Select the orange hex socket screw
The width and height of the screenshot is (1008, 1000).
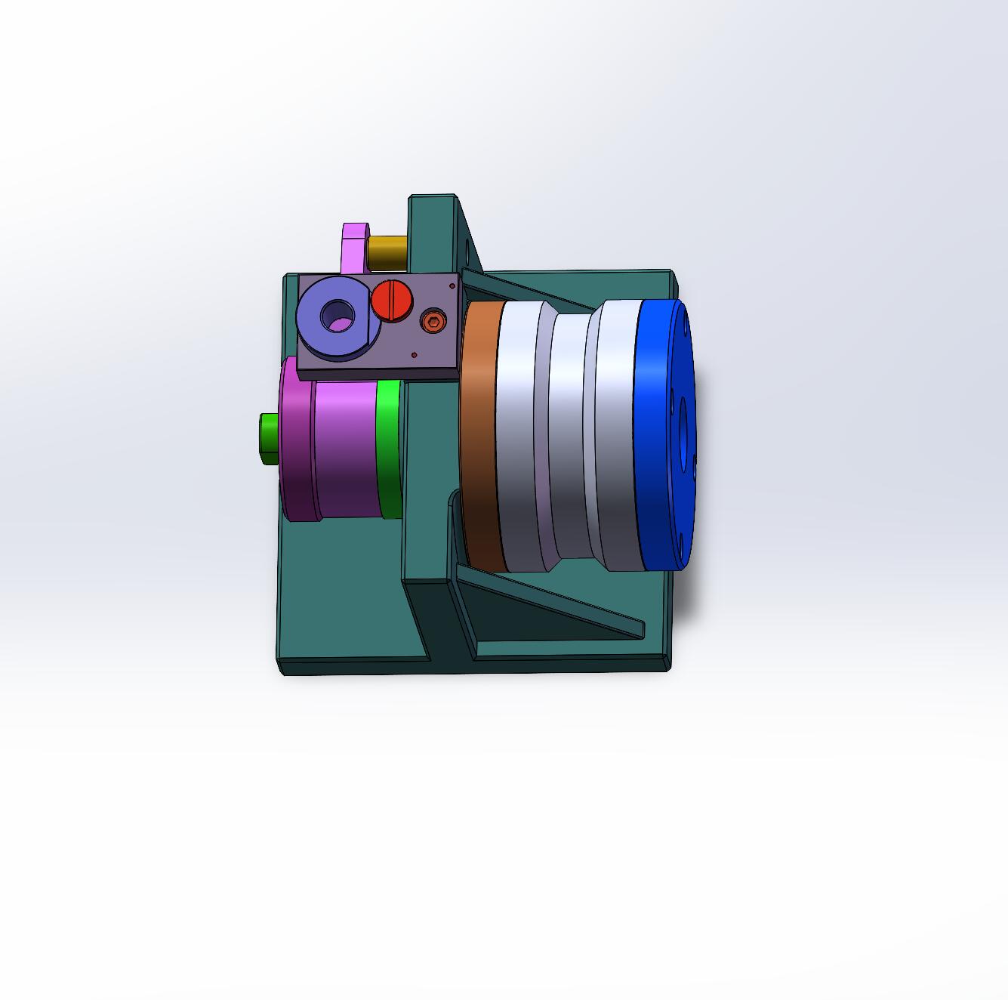(x=433, y=322)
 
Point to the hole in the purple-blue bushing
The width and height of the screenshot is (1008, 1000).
(x=337, y=316)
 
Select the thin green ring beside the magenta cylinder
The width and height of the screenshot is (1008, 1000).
(x=389, y=449)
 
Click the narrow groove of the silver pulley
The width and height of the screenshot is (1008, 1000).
(x=568, y=438)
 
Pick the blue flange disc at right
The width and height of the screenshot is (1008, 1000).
(x=661, y=434)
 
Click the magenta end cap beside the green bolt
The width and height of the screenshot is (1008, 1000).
(x=296, y=442)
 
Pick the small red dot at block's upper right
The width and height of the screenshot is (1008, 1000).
(x=452, y=285)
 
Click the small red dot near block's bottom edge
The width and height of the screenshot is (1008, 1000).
(x=414, y=353)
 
